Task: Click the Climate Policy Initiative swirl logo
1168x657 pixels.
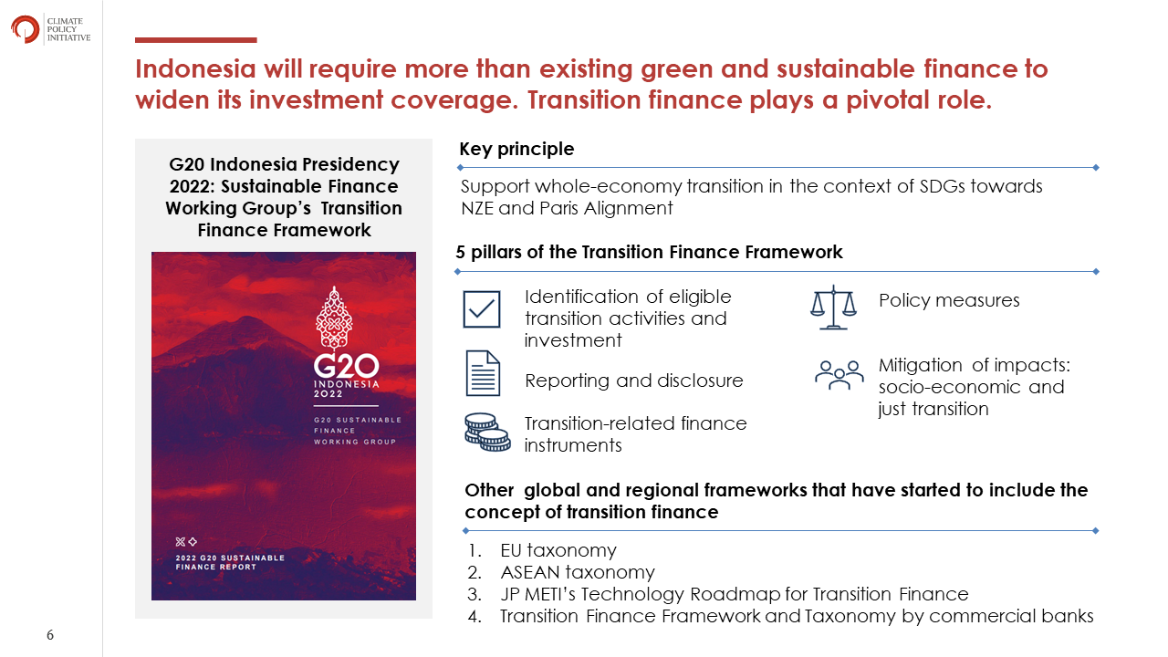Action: [x=25, y=29]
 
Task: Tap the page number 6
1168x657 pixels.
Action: [x=50, y=634]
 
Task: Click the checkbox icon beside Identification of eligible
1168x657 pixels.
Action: [x=481, y=309]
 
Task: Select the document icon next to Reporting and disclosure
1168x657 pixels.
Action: [x=483, y=373]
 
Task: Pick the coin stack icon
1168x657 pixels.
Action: [x=487, y=432]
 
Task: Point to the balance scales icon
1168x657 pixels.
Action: [x=833, y=308]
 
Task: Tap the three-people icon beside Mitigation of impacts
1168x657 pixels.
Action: [x=839, y=375]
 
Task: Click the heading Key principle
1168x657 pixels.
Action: [x=516, y=149]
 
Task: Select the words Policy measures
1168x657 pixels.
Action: [x=949, y=300]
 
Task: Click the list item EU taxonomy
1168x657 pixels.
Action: [x=558, y=550]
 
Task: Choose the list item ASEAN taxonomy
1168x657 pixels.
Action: [x=578, y=572]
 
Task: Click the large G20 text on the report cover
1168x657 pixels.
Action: [x=346, y=366]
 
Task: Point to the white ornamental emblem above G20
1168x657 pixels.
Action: [x=334, y=317]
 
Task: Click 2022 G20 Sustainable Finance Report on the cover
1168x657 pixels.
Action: [x=230, y=562]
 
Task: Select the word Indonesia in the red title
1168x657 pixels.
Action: [x=195, y=68]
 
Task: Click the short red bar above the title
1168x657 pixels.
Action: [x=195, y=40]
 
